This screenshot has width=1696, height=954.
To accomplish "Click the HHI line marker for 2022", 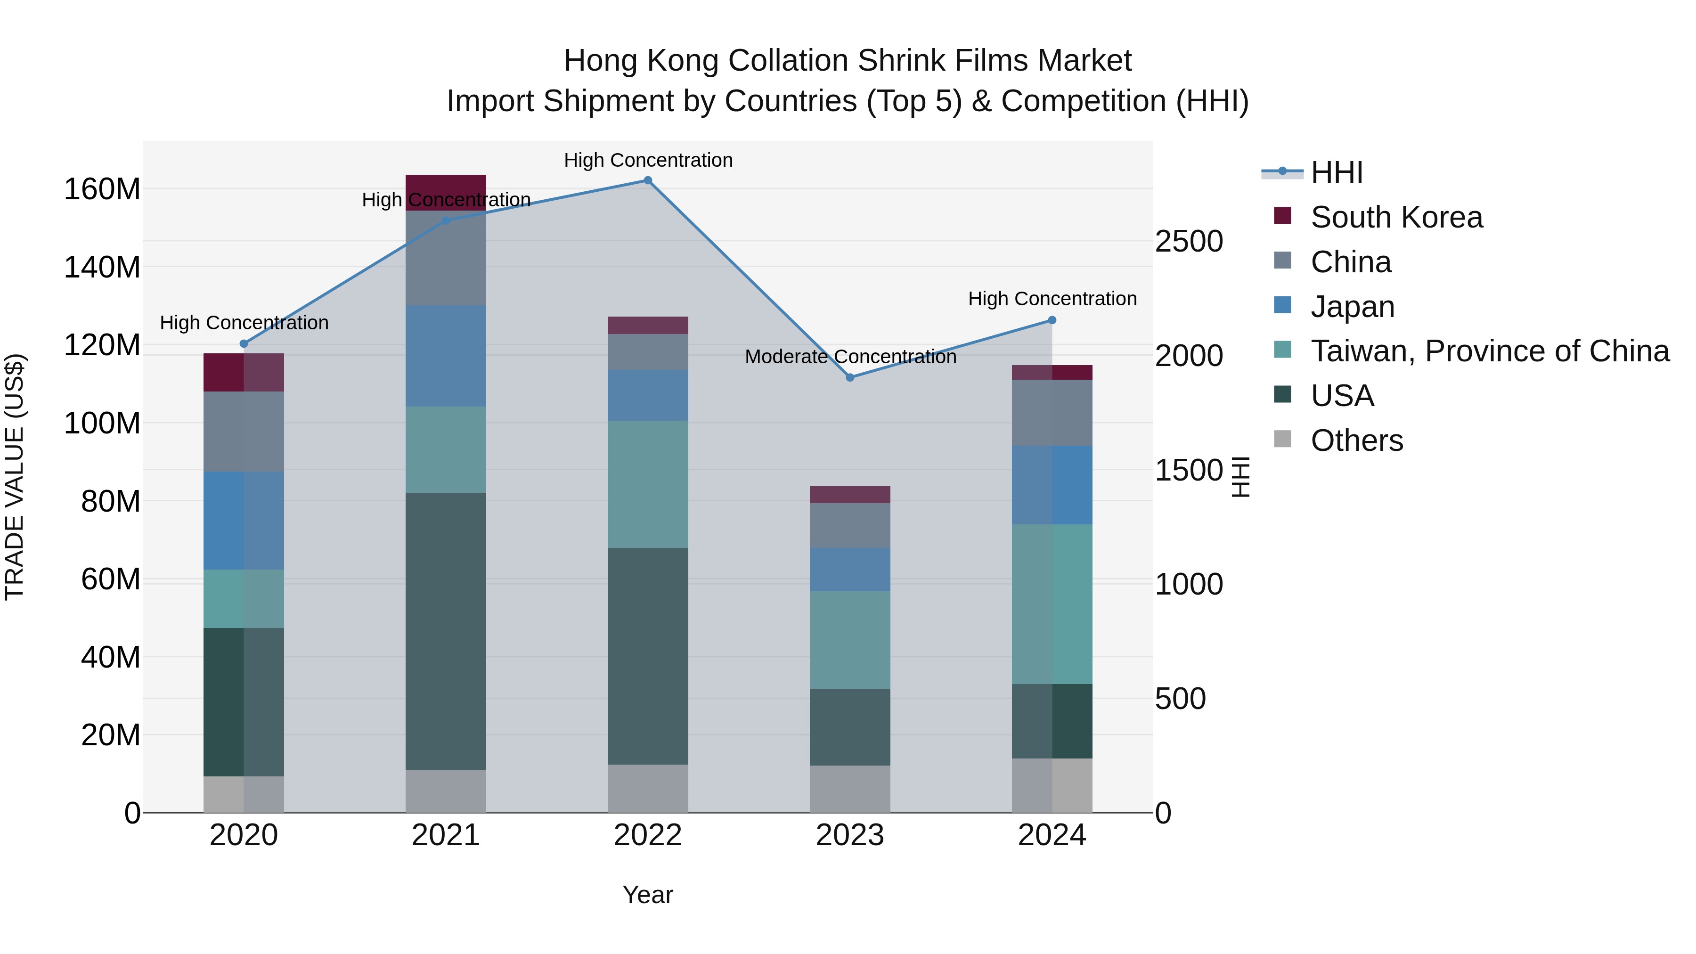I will (647, 180).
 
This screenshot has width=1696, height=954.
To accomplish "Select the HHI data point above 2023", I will (849, 377).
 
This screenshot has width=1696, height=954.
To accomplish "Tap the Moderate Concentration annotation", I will (850, 357).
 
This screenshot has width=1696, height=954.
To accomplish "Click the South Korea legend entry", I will (1396, 217).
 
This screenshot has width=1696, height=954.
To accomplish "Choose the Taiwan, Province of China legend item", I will (1489, 351).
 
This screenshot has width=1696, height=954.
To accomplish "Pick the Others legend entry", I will (1356, 440).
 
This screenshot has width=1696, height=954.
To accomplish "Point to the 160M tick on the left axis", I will (102, 189).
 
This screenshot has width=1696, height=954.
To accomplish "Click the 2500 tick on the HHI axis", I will (1189, 242).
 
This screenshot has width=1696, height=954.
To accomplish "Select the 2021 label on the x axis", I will (446, 835).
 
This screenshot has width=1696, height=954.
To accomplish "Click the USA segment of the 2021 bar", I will (446, 631).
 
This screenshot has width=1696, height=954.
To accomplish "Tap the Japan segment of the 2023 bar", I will (849, 570).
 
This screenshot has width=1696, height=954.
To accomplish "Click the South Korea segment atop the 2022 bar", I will (647, 325).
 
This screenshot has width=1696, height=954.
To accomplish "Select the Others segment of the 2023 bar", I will (849, 788).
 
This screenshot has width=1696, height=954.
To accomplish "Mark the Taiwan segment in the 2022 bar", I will (647, 484).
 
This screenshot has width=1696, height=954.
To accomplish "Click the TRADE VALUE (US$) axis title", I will (15, 477).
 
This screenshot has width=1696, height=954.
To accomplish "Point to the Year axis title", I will (647, 895).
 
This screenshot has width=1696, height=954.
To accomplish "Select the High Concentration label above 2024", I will (1052, 299).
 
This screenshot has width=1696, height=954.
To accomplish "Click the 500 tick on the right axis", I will (1180, 699).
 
